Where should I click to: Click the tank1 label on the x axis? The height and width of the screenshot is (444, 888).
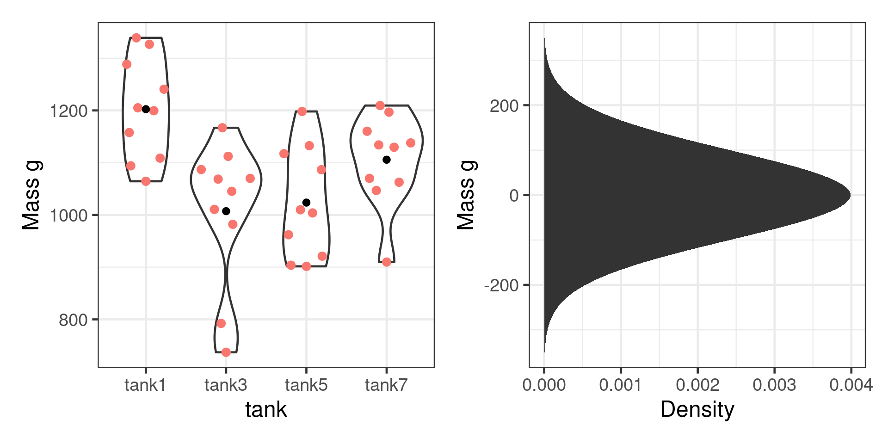click(145, 385)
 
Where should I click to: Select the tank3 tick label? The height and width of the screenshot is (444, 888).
click(226, 385)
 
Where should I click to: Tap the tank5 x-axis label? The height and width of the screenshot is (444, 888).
click(306, 385)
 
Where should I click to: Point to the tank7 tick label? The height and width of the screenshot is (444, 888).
click(386, 385)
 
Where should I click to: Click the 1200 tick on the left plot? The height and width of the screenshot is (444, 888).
click(68, 111)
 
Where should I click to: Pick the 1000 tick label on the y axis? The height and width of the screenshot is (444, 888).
click(68, 216)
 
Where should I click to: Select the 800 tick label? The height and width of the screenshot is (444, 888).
click(73, 320)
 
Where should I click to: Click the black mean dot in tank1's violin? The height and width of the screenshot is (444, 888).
click(146, 109)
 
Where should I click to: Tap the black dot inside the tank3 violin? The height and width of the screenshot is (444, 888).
click(226, 211)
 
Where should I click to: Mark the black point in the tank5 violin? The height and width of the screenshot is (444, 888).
click(306, 203)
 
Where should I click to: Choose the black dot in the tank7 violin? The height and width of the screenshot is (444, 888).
click(387, 160)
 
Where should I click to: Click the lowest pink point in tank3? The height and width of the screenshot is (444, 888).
click(226, 352)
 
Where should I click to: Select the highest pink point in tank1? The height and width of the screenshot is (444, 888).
click(136, 38)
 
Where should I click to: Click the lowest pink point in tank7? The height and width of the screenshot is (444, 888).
click(387, 262)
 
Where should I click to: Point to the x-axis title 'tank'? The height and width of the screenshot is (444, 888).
click(266, 410)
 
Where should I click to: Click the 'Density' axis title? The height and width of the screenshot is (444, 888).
click(697, 410)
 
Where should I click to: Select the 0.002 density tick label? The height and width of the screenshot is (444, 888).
click(697, 385)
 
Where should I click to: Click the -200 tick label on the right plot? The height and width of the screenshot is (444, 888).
click(501, 286)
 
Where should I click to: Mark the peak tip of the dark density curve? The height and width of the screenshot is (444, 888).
click(850, 195)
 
